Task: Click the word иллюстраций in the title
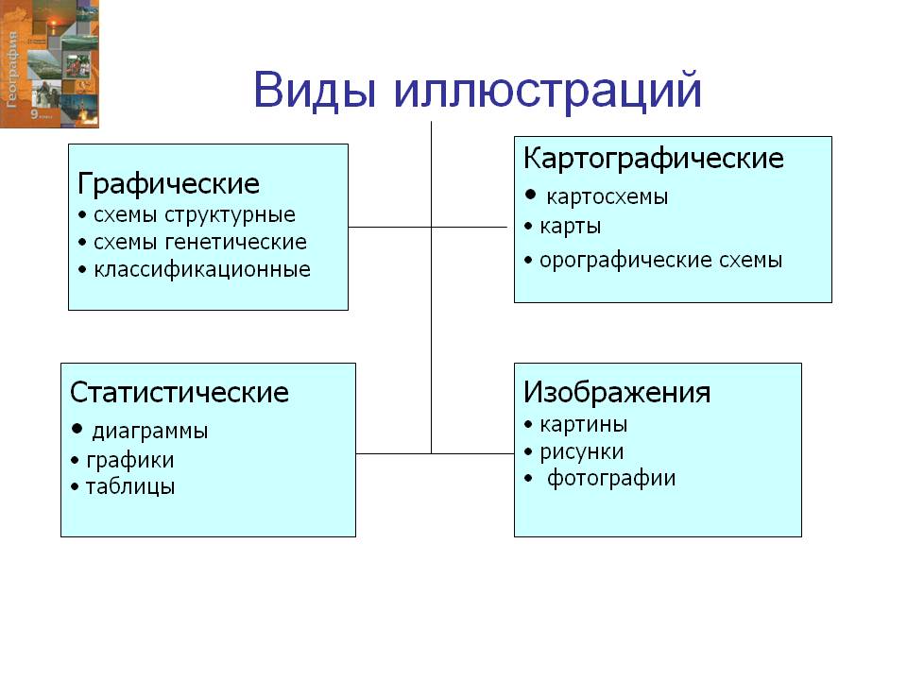pyautogui.click(x=547, y=92)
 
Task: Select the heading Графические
pyautogui.click(x=168, y=182)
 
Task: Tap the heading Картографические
pyautogui.click(x=653, y=158)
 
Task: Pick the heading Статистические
pyautogui.click(x=180, y=392)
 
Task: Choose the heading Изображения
pyautogui.click(x=617, y=392)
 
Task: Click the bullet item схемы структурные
pyautogui.click(x=194, y=215)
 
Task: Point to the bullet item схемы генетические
pyautogui.click(x=199, y=243)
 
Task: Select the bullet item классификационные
pyautogui.click(x=201, y=270)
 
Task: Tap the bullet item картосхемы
pyautogui.click(x=608, y=197)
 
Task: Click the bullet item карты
pyautogui.click(x=570, y=227)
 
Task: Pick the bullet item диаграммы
pyautogui.click(x=149, y=432)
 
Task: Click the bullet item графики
pyautogui.click(x=129, y=461)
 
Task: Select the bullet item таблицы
pyautogui.click(x=129, y=488)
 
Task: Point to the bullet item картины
pyautogui.click(x=583, y=424)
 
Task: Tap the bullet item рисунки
pyautogui.click(x=581, y=451)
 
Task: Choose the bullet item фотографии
pyautogui.click(x=611, y=478)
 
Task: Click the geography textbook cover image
pyautogui.click(x=49, y=64)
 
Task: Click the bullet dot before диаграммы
pyautogui.click(x=77, y=430)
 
